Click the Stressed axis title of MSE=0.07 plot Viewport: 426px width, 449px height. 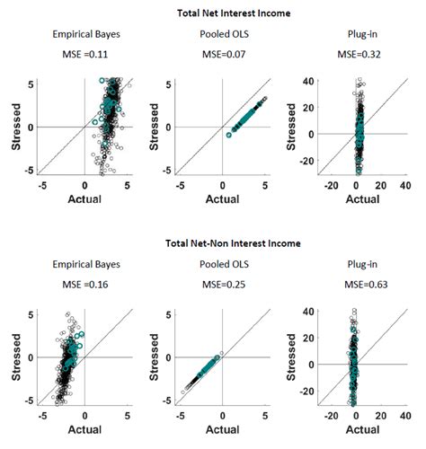156,127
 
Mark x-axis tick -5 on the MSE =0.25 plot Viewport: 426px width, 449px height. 181,418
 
